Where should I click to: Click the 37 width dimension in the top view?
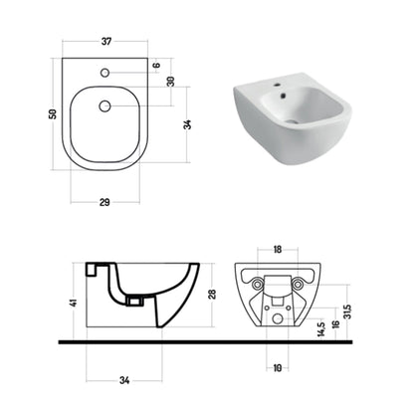click(x=106, y=42)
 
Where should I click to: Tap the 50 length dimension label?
click(x=53, y=113)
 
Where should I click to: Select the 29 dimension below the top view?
click(x=104, y=202)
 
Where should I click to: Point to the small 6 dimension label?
click(x=156, y=65)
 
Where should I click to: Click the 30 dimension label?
click(x=170, y=82)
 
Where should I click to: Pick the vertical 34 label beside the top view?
click(x=187, y=124)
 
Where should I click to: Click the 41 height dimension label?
click(x=74, y=303)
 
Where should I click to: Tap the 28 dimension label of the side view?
click(x=212, y=295)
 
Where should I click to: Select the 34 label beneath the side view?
click(x=124, y=380)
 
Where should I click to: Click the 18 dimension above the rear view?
click(x=278, y=249)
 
